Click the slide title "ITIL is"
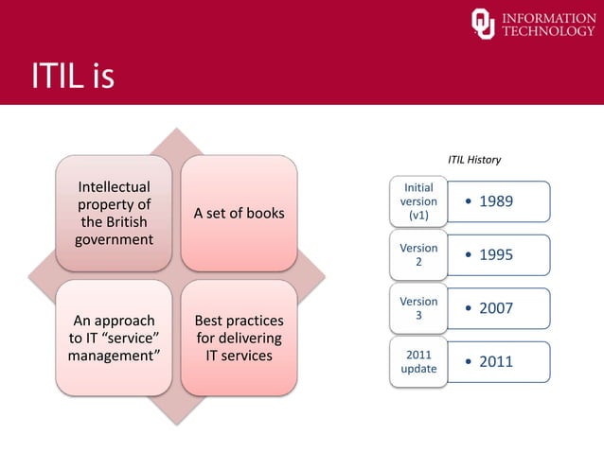click(73, 76)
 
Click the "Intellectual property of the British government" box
click(114, 213)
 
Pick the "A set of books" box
click(239, 213)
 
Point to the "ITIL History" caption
click(473, 160)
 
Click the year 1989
click(496, 201)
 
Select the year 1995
click(496, 254)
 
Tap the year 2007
click(496, 308)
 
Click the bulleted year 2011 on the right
click(496, 361)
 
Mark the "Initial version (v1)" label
click(418, 201)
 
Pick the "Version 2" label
click(418, 254)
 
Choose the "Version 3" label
click(418, 308)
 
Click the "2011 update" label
click(418, 361)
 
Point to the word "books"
click(263, 213)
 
